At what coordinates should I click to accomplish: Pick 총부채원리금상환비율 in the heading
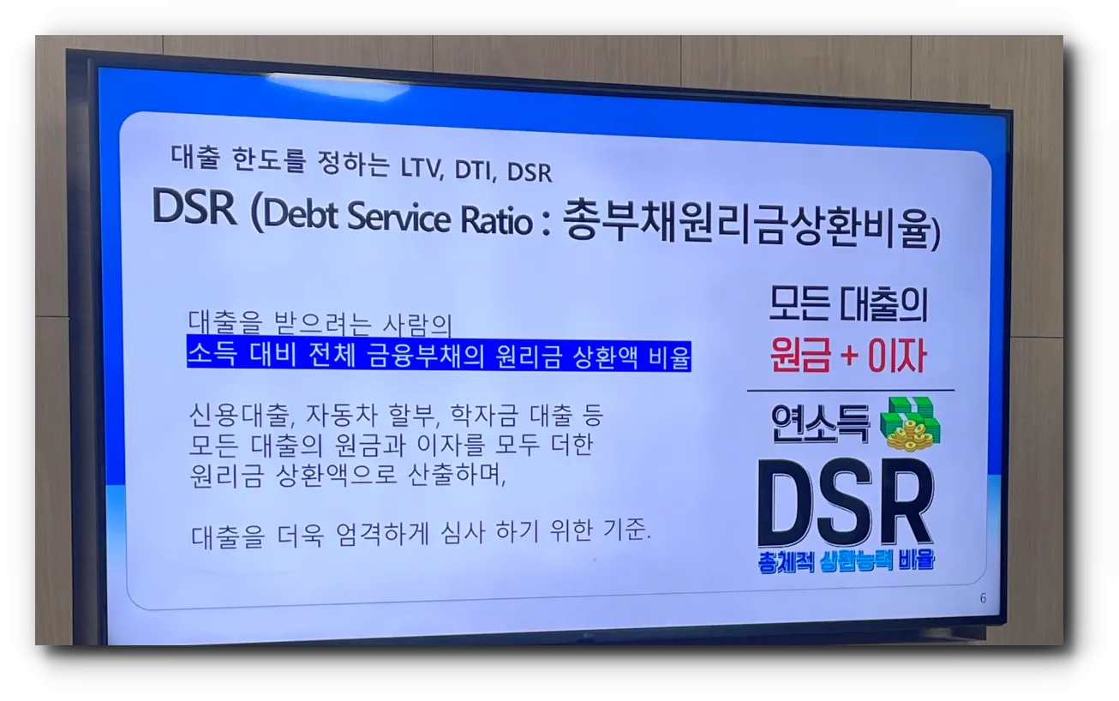click(745, 226)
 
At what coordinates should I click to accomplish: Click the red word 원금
click(800, 355)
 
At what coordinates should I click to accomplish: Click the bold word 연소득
click(820, 422)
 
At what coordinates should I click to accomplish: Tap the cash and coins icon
click(913, 422)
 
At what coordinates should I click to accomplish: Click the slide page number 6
click(983, 598)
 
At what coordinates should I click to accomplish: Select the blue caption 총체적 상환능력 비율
click(846, 561)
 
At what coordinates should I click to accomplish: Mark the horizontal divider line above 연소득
click(850, 391)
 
